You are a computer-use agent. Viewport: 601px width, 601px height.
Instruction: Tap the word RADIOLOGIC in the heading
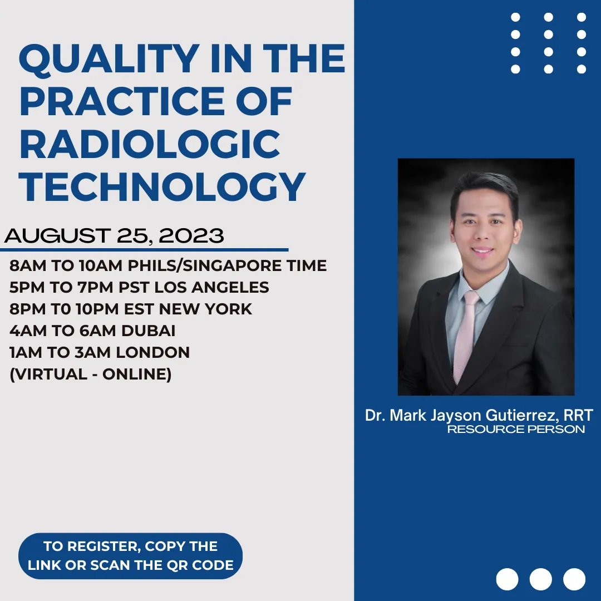point(150,144)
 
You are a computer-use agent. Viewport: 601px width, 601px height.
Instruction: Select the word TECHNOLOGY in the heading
point(162,186)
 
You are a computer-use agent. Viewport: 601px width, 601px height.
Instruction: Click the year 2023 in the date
point(191,235)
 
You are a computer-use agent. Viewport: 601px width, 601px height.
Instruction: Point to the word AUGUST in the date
point(57,235)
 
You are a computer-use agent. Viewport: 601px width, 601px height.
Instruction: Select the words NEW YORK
point(205,309)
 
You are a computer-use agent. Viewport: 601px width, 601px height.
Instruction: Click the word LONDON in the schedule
point(152,353)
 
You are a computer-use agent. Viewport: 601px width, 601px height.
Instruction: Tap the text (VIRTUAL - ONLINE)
point(91,374)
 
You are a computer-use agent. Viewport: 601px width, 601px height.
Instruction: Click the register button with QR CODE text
point(130,556)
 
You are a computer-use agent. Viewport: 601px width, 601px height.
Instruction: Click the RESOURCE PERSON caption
point(516,429)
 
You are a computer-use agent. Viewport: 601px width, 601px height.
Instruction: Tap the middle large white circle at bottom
point(540,579)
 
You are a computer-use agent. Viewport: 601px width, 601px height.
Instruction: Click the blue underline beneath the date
point(144,250)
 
